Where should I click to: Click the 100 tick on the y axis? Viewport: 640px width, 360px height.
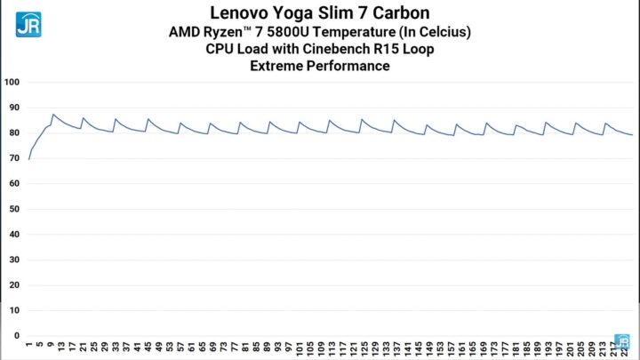(12, 83)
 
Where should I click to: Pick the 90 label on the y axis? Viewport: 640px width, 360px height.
(12, 108)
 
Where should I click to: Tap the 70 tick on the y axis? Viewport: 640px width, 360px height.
(12, 159)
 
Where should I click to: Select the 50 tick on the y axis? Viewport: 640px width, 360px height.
(12, 210)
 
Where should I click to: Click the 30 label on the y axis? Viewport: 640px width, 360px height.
(12, 260)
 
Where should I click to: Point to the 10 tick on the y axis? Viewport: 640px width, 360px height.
(12, 311)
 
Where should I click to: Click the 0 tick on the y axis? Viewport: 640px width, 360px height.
(15, 336)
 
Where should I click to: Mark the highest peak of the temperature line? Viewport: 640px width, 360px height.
(53, 115)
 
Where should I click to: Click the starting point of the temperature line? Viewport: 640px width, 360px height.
(28, 159)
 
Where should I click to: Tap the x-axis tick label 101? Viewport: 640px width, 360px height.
(301, 348)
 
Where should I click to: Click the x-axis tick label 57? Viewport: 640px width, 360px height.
(181, 348)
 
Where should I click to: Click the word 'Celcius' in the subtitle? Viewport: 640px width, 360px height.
(441, 32)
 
